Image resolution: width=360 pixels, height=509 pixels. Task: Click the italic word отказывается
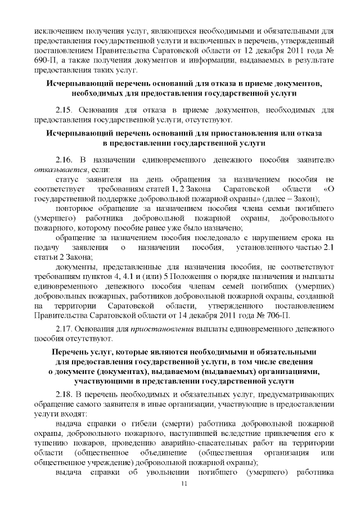(x=60, y=169)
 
